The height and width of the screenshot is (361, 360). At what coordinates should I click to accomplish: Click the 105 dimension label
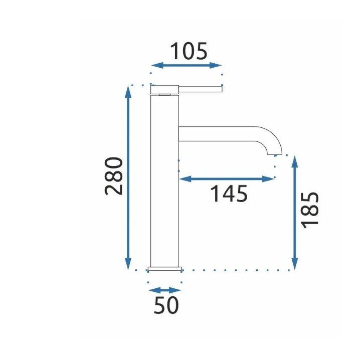pyautogui.click(x=189, y=51)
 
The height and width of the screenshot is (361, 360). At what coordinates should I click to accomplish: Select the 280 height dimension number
pyautogui.click(x=113, y=176)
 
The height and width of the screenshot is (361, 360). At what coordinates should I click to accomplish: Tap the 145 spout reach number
pyautogui.click(x=229, y=194)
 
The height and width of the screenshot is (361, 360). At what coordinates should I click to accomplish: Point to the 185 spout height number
pyautogui.click(x=310, y=210)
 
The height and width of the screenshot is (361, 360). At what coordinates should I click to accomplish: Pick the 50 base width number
pyautogui.click(x=166, y=305)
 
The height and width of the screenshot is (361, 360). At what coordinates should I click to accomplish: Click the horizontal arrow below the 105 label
pyautogui.click(x=186, y=65)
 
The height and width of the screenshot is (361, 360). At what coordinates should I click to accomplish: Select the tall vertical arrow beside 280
pyautogui.click(x=128, y=177)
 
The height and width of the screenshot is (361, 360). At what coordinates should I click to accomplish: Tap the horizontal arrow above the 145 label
pyautogui.click(x=227, y=179)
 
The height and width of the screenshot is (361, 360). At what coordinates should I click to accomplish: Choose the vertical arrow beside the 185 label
pyautogui.click(x=295, y=213)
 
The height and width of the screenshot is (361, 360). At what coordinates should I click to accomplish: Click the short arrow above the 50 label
pyautogui.click(x=164, y=290)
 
